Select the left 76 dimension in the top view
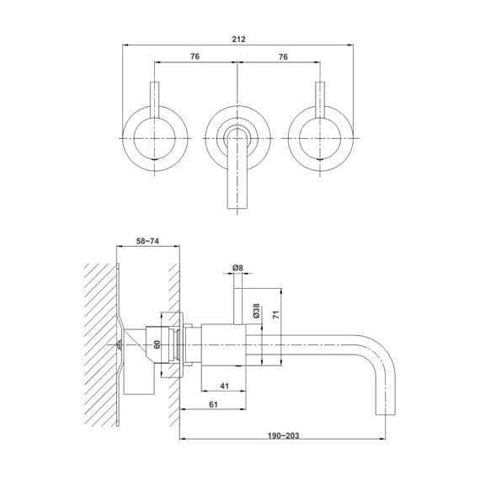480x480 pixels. pos(195,56)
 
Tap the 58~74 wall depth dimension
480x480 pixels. pos(148,241)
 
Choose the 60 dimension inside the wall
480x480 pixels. pos(157,344)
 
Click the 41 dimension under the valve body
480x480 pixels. pos(223,387)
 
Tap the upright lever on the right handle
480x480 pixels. pos(320,101)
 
